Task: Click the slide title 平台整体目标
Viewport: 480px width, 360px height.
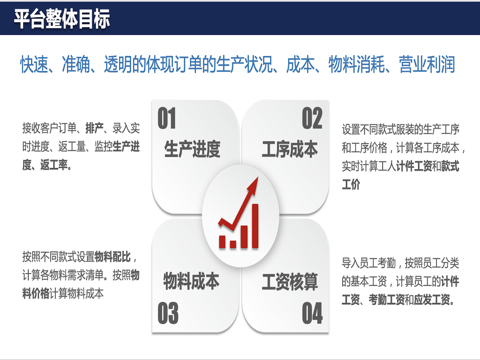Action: click(x=62, y=19)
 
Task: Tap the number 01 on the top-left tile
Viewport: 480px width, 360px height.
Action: click(x=167, y=118)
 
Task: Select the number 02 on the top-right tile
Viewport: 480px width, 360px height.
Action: click(x=312, y=118)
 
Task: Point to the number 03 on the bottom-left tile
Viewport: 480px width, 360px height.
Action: click(x=168, y=313)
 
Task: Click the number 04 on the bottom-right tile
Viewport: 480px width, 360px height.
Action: click(x=312, y=313)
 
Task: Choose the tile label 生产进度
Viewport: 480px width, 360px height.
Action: click(x=192, y=149)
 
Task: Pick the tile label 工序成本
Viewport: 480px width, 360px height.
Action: click(x=290, y=149)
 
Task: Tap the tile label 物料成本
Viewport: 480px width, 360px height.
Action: click(x=191, y=281)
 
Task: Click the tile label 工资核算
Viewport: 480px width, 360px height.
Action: click(x=290, y=282)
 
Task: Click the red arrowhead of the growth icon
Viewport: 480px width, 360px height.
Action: click(x=254, y=185)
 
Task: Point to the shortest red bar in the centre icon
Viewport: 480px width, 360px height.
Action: click(x=233, y=244)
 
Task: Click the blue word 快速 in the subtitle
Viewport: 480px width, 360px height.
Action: click(x=34, y=64)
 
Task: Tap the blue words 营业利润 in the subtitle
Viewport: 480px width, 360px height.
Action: click(x=427, y=64)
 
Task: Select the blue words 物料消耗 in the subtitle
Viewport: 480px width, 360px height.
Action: click(x=357, y=64)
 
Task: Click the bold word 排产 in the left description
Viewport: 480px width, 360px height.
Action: click(x=94, y=128)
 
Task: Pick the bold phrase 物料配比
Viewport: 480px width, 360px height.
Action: click(x=113, y=257)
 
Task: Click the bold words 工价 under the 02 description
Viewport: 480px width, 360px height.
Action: click(x=351, y=184)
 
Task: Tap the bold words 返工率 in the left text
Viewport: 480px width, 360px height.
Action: click(x=54, y=165)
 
